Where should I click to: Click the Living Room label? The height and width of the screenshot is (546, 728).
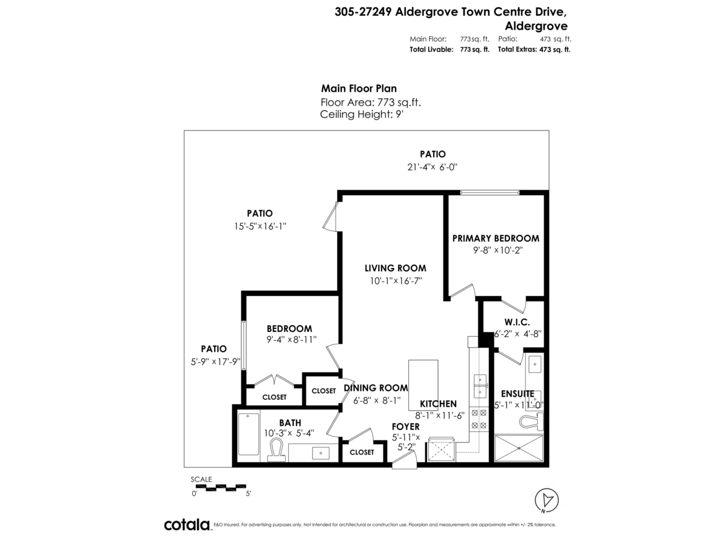point(395,268)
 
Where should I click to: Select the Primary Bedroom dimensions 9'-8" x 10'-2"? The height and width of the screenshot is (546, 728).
point(497,250)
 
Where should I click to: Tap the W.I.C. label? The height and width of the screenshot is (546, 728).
point(517,322)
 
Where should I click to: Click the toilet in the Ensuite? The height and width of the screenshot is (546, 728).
point(531,420)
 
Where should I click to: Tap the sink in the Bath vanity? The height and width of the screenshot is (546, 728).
point(320,452)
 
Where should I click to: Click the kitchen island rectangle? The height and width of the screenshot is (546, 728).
point(423,384)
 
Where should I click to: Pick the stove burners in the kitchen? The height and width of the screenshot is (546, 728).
point(479,419)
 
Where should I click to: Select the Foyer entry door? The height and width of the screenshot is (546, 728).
point(403,462)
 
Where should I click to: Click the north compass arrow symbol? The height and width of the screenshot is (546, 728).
point(548,500)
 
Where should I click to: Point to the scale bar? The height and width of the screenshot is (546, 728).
point(220,487)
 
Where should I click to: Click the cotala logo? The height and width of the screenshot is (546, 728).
point(187,525)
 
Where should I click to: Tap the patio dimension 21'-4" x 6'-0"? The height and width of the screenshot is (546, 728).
point(433,167)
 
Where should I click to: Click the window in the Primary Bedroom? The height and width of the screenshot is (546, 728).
point(489,192)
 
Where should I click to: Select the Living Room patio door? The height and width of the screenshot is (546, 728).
point(331,217)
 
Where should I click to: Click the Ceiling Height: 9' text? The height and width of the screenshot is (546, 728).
point(362,113)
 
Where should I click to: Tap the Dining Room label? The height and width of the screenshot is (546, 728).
point(376,388)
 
